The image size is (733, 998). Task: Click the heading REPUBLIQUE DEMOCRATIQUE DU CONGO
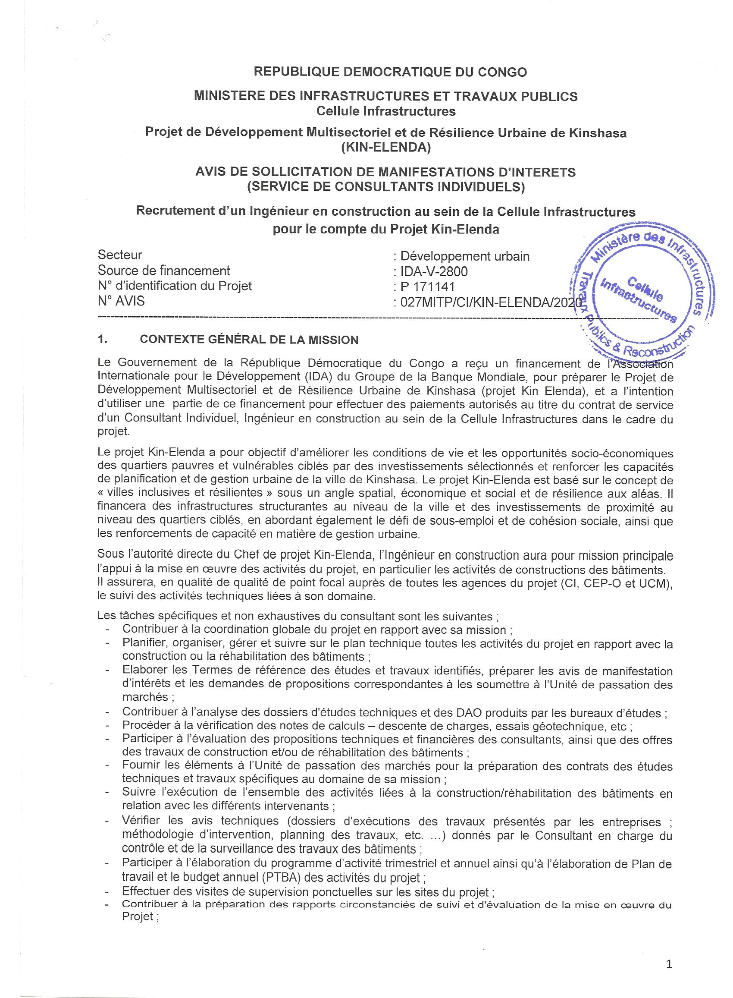coord(390,72)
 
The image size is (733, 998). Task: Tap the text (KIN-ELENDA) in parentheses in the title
coord(385,148)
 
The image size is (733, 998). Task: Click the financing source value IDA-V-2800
coord(434,271)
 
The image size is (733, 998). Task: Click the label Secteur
coord(120,255)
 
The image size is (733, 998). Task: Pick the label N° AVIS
coord(121,302)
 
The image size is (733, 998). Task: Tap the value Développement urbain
coord(464,256)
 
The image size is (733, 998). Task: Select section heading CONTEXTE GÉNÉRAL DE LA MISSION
coord(249,340)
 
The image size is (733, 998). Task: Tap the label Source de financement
coord(164,271)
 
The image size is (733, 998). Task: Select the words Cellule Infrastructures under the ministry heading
coord(385,111)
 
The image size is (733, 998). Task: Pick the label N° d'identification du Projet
coord(174,286)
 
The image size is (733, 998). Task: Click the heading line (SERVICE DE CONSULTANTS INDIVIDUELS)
coord(385,187)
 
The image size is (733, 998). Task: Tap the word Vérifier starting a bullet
coord(141,820)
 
